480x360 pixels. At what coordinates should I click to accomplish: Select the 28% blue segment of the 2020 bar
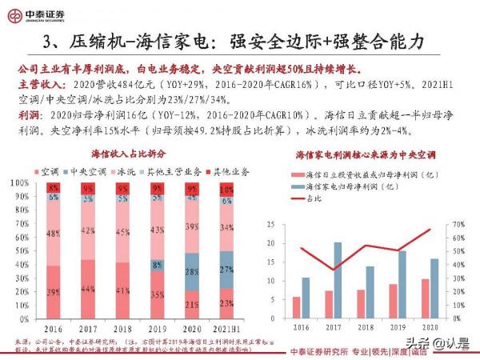tap(192, 272)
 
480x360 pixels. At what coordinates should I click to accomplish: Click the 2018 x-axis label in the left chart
tap(123, 328)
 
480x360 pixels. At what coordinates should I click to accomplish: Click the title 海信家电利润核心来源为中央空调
tap(366, 154)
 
